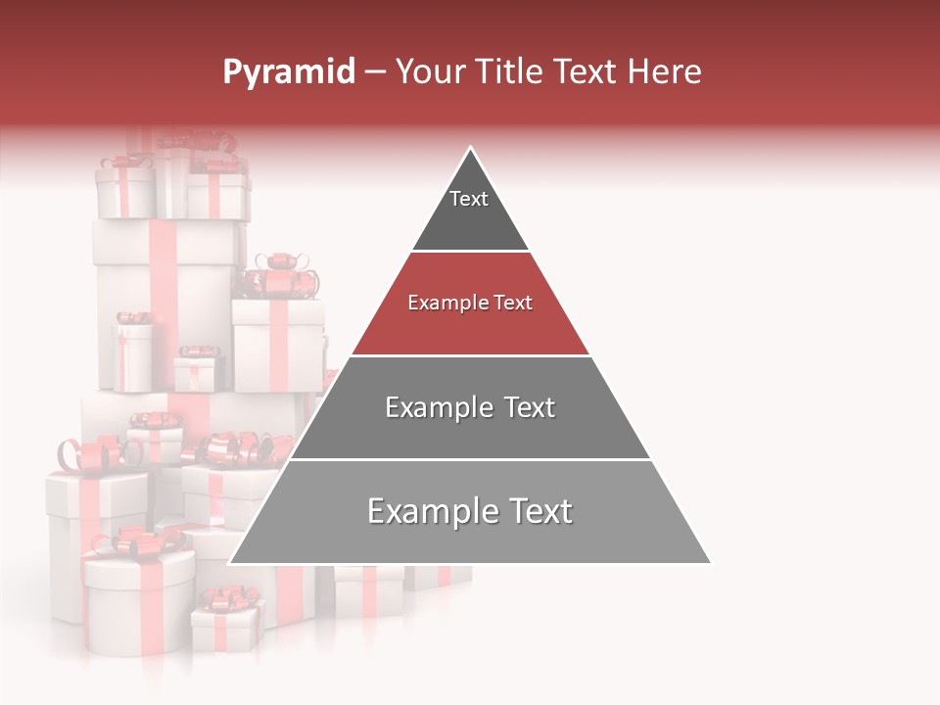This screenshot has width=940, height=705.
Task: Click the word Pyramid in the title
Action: [x=288, y=72]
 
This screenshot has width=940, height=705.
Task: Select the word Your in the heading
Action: [x=430, y=71]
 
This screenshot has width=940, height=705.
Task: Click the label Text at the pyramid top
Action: [x=469, y=199]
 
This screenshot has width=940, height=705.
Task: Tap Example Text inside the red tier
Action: [x=470, y=303]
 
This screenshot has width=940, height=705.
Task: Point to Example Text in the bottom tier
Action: [x=470, y=511]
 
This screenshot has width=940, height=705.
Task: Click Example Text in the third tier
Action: [x=470, y=407]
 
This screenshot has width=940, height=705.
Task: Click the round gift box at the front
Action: [x=138, y=602]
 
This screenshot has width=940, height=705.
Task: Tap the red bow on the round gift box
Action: [x=142, y=541]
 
